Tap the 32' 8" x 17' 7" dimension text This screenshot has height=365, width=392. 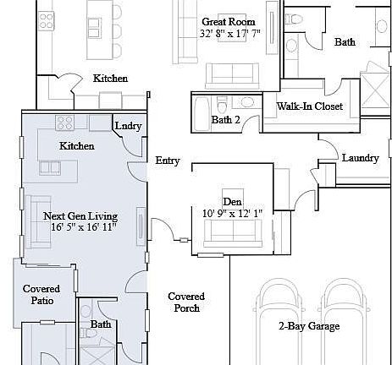point(230,35)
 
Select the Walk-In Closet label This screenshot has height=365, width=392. point(309,106)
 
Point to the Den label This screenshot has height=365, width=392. point(232,201)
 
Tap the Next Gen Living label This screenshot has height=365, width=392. point(82,215)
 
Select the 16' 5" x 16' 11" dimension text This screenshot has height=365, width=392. point(82,227)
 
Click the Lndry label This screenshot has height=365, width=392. point(128,127)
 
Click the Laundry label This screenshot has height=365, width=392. point(360,158)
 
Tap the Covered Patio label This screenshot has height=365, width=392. point(41,295)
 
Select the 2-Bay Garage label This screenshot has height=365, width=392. point(309,326)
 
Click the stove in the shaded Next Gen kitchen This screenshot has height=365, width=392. point(64,123)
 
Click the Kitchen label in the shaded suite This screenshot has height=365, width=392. point(76,146)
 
